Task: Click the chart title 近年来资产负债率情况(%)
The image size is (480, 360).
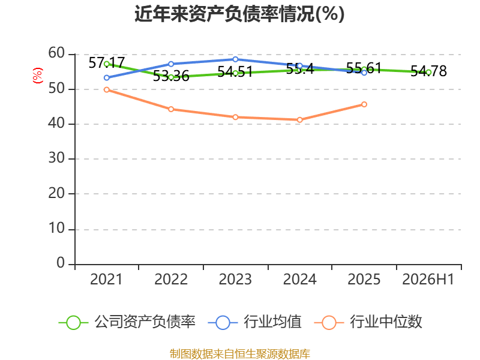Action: coord(239,14)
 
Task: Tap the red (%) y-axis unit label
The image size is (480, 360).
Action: coord(38,76)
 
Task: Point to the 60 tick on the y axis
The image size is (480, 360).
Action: coord(56,53)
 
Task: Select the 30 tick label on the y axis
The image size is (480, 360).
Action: coord(56,158)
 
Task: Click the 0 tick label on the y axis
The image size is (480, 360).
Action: coord(61,263)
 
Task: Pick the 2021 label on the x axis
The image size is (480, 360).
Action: coord(106,280)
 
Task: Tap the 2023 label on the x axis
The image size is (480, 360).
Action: coord(235,280)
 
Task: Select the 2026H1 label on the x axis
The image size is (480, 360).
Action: coord(428,280)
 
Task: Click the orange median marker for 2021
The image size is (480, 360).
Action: coord(107,89)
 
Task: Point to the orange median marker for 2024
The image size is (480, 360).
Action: coord(299,119)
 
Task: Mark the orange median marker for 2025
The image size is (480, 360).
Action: coord(364,104)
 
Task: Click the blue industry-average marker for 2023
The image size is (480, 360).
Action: coord(235,59)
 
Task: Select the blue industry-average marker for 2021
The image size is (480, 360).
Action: coord(107,78)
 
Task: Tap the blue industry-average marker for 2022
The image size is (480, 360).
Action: coord(171,64)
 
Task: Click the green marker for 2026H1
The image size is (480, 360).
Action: coord(428,72)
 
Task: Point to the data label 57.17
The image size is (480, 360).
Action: coord(107,63)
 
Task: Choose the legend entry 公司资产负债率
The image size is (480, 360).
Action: coord(127,322)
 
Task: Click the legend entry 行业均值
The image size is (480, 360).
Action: coord(254,322)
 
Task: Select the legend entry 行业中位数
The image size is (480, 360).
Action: coord(368,322)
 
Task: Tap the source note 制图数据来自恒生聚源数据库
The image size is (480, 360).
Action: coord(239,353)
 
